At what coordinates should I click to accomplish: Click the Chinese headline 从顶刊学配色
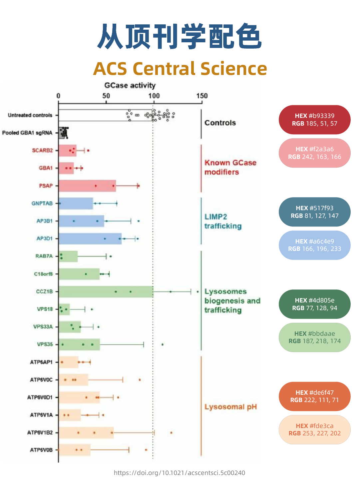click(x=180, y=37)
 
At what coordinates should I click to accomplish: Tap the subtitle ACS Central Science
click(x=180, y=69)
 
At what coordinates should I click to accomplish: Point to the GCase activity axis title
click(x=130, y=86)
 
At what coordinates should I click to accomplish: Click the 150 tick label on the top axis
click(x=202, y=96)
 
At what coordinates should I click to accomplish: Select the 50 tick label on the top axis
click(x=106, y=96)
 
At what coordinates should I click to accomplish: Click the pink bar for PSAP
click(x=87, y=186)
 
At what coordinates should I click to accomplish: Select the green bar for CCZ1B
click(x=106, y=291)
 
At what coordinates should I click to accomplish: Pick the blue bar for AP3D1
click(x=90, y=239)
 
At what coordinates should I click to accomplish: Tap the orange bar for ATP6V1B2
click(x=86, y=433)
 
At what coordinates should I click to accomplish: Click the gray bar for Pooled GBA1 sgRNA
click(x=61, y=133)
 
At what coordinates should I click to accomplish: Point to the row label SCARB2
click(x=42, y=151)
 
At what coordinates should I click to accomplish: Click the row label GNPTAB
click(x=42, y=204)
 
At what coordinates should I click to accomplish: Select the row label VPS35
click(x=45, y=344)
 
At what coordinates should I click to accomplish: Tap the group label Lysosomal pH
click(x=230, y=407)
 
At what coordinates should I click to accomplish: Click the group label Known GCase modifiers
click(x=230, y=168)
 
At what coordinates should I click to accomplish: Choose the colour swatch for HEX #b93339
click(x=314, y=120)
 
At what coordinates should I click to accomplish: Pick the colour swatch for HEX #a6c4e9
click(x=314, y=245)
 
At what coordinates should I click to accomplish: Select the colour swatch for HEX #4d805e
click(x=314, y=304)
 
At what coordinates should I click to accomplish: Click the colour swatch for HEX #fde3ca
click(x=314, y=430)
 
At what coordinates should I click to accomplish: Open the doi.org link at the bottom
click(x=180, y=473)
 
